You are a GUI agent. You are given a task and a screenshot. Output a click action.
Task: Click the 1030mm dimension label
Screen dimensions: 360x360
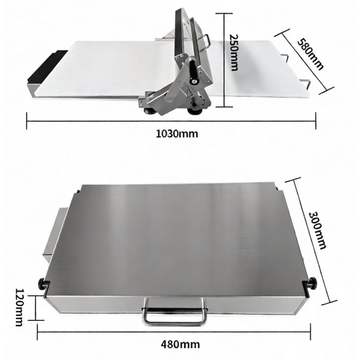point(177,134)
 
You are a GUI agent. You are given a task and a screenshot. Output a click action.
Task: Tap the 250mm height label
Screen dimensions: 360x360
point(234,52)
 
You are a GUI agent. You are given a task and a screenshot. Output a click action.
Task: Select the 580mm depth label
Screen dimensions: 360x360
point(311,55)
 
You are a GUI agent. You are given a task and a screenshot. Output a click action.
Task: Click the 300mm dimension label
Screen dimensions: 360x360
point(317,230)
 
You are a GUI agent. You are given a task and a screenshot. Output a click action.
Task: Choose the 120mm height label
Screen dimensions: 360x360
point(19,307)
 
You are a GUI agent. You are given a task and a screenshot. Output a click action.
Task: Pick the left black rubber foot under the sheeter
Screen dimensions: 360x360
point(149,111)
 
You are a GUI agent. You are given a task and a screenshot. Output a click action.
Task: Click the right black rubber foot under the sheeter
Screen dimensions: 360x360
point(195,111)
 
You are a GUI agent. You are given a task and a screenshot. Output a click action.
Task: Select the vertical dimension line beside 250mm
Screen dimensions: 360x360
point(224,60)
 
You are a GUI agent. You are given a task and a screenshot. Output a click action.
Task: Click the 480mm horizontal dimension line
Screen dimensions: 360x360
point(174,332)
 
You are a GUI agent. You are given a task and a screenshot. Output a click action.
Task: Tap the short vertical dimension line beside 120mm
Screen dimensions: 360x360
point(36,308)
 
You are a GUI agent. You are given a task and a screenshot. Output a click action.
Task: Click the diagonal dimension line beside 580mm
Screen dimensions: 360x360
point(304,61)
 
